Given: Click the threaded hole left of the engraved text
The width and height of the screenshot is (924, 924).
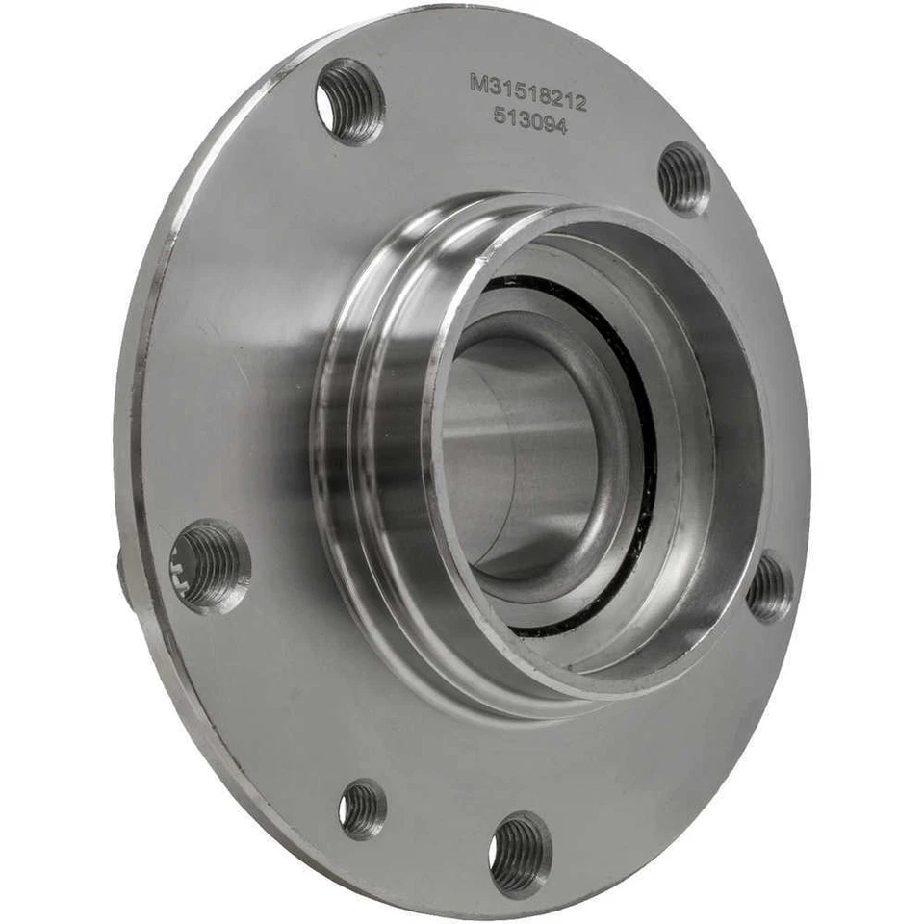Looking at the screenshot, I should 350,101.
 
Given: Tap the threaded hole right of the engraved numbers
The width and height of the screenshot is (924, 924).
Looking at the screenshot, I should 684,178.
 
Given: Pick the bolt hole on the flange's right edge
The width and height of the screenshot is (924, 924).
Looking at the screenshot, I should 769,587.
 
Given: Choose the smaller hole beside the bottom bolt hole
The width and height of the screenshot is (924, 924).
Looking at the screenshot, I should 363,807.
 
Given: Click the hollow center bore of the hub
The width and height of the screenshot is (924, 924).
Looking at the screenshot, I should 520,452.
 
